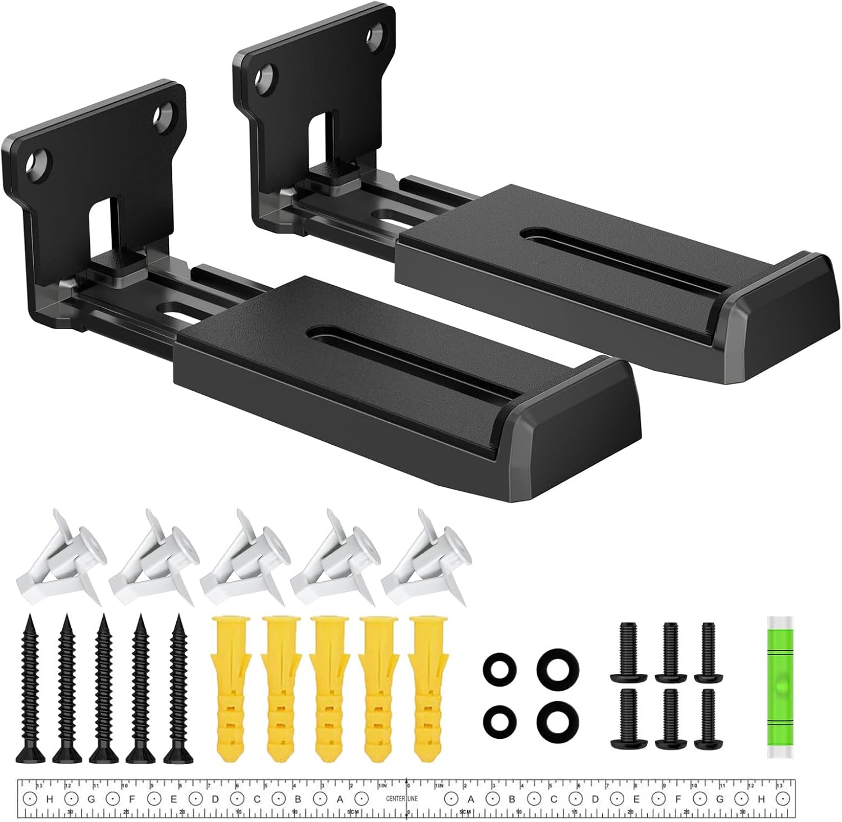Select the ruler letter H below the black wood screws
49,798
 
